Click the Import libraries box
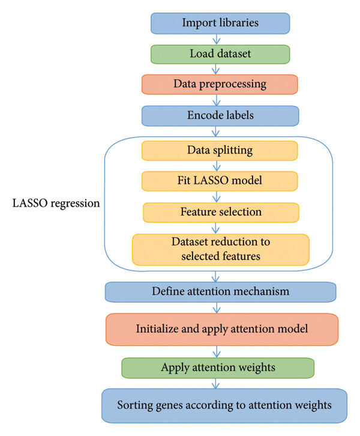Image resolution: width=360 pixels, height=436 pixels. (x=220, y=23)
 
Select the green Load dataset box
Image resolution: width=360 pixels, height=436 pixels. (x=220, y=54)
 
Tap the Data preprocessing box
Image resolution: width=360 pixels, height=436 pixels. (x=220, y=84)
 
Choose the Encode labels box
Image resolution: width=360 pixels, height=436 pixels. (x=220, y=116)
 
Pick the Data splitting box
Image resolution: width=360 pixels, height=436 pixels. (x=220, y=151)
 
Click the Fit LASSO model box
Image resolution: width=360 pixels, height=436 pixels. (x=220, y=181)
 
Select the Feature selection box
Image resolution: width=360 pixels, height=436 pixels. (x=221, y=213)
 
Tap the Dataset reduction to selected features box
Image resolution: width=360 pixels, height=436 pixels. (x=221, y=250)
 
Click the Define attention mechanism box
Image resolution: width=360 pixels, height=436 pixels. (x=221, y=292)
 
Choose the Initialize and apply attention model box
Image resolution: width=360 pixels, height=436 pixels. (x=222, y=330)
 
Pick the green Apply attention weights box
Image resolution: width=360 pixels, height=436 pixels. (x=218, y=368)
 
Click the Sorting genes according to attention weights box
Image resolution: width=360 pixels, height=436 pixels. (x=224, y=406)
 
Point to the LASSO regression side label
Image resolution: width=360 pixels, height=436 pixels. (x=56, y=203)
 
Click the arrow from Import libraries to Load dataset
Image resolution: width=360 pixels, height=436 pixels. (x=217, y=40)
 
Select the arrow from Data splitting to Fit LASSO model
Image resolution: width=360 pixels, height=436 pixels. (x=217, y=166)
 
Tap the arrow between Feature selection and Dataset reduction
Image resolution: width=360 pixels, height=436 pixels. (x=215, y=228)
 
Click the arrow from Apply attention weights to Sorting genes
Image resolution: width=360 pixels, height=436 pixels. (x=215, y=383)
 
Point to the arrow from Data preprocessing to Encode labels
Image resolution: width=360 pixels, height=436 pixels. (x=217, y=100)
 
